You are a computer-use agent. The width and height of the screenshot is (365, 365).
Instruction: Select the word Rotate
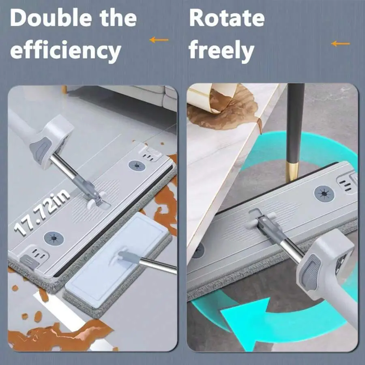(x=227, y=18)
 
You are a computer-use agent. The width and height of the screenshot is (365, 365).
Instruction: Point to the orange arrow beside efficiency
(x=159, y=40)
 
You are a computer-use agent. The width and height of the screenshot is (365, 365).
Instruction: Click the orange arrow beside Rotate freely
(x=340, y=43)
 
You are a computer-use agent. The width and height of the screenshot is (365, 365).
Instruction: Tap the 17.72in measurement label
(x=42, y=212)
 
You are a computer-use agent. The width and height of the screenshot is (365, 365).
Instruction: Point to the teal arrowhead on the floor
(x=245, y=322)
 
